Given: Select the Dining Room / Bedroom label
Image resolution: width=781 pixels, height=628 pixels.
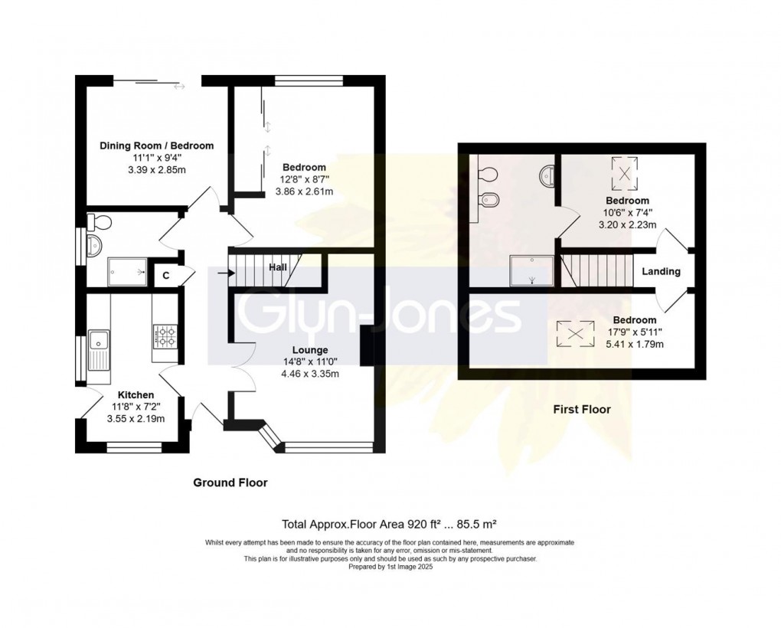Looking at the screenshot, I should [156, 146].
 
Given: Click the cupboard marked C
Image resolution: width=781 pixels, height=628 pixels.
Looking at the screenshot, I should [165, 275].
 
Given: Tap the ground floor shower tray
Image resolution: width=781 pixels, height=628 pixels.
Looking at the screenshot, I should [127, 270].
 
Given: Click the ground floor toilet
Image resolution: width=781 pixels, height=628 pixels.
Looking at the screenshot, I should [100, 222].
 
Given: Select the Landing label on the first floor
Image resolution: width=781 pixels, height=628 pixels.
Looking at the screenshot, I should [661, 271].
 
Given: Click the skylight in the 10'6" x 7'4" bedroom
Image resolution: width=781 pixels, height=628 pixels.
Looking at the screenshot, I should [625, 174].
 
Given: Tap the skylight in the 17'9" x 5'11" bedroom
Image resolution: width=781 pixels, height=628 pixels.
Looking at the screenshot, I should [578, 332].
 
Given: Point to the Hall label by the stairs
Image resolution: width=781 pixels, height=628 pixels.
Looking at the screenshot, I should [277, 267].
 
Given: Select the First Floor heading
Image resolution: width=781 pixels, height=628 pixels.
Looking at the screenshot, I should [582, 410].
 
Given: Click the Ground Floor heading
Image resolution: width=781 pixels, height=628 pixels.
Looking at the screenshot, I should [230, 483].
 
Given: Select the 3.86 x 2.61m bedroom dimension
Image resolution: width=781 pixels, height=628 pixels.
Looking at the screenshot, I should [304, 191].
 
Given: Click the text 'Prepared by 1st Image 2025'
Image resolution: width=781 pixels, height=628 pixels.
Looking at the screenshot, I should [390, 567].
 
